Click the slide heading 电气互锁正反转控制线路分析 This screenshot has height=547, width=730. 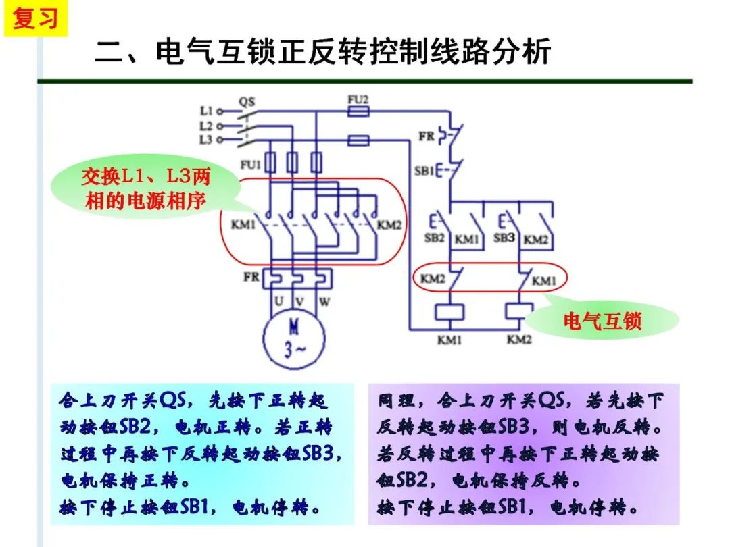(322, 52)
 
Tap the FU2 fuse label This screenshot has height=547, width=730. (358, 99)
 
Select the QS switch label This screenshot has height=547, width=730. (247, 102)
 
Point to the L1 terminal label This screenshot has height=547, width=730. (207, 110)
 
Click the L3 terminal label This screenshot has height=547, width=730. (207, 140)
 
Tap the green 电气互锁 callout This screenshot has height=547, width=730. (602, 321)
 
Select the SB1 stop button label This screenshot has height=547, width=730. (424, 171)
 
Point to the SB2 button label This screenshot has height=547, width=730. (434, 238)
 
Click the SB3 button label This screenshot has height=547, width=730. (504, 238)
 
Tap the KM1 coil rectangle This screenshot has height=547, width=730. (448, 311)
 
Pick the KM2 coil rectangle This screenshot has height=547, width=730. (519, 311)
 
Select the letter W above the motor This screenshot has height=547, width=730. (324, 299)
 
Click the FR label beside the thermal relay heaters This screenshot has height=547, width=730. (251, 277)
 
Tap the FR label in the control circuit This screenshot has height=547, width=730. (426, 136)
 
